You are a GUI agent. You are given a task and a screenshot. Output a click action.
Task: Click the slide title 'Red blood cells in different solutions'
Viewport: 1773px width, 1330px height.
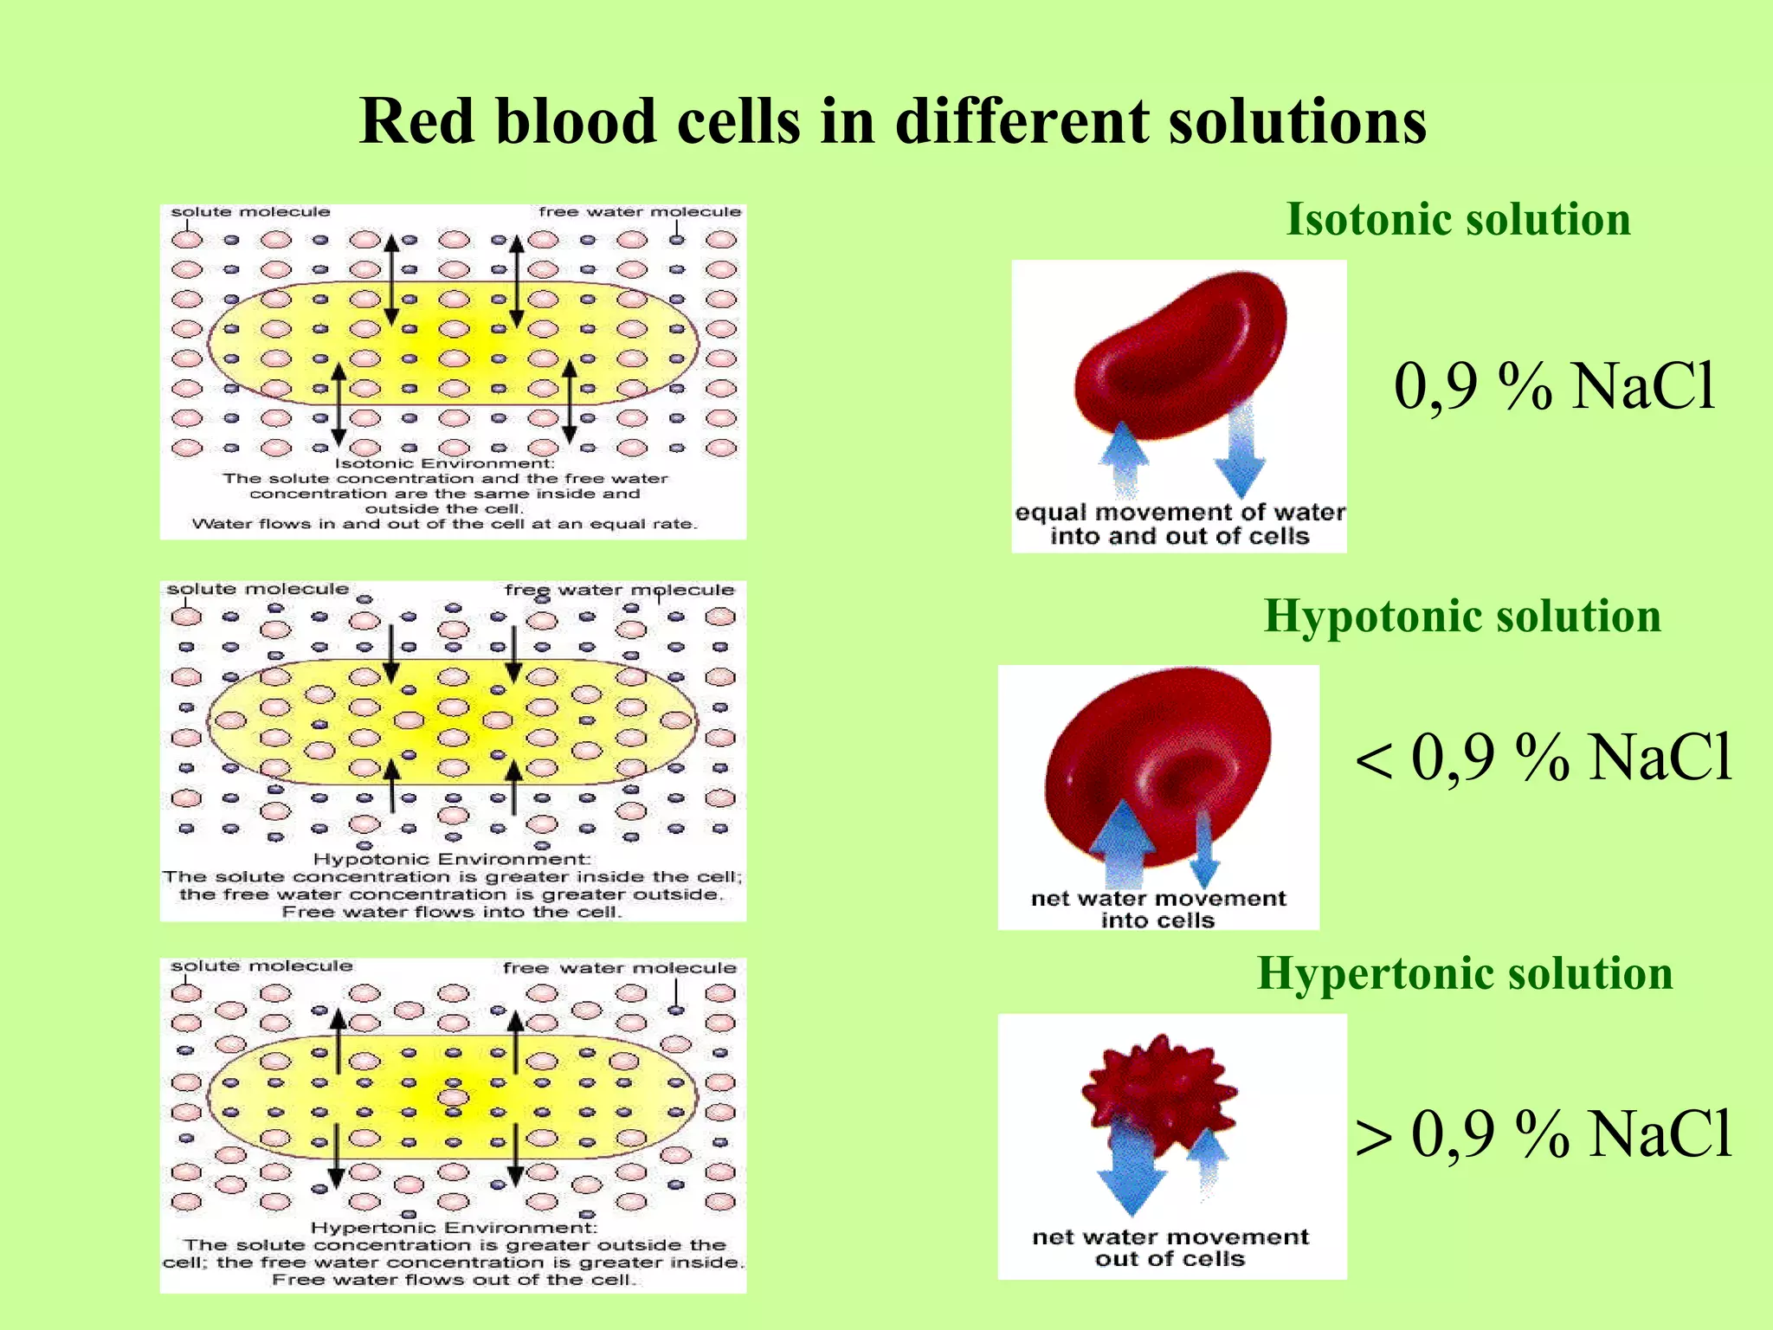click(892, 121)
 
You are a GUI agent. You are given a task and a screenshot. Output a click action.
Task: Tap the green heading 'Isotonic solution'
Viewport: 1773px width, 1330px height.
click(1458, 219)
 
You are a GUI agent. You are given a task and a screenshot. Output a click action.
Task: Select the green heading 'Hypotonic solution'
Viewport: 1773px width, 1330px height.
click(1462, 617)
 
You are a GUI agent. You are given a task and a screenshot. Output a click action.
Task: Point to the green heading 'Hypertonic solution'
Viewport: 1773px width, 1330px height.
click(1464, 973)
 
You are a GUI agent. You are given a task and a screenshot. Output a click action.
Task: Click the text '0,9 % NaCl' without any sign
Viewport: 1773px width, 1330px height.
click(1554, 386)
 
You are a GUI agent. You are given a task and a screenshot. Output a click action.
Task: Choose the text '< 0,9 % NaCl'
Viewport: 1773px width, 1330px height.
click(1544, 758)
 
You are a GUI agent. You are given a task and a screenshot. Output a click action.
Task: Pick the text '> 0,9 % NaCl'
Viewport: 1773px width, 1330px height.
click(1544, 1133)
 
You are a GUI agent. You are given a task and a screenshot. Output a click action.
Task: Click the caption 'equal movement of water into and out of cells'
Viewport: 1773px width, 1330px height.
click(1179, 525)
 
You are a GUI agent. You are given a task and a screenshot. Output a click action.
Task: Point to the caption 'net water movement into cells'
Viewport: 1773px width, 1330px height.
click(1158, 909)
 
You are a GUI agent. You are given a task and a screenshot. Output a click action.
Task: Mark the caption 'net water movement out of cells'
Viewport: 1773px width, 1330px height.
click(1170, 1248)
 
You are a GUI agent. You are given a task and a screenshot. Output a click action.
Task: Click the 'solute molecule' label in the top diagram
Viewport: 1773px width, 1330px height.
click(250, 212)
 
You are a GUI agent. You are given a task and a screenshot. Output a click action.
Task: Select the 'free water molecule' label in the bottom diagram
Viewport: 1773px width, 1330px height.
click(620, 968)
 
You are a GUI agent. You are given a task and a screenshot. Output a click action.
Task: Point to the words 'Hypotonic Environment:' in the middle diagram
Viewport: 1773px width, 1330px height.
click(451, 860)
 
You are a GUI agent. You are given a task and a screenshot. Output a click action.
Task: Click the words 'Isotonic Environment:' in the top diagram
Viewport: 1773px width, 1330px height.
click(444, 464)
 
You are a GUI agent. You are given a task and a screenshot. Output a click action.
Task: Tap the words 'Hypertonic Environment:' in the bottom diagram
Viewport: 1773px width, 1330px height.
click(454, 1228)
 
